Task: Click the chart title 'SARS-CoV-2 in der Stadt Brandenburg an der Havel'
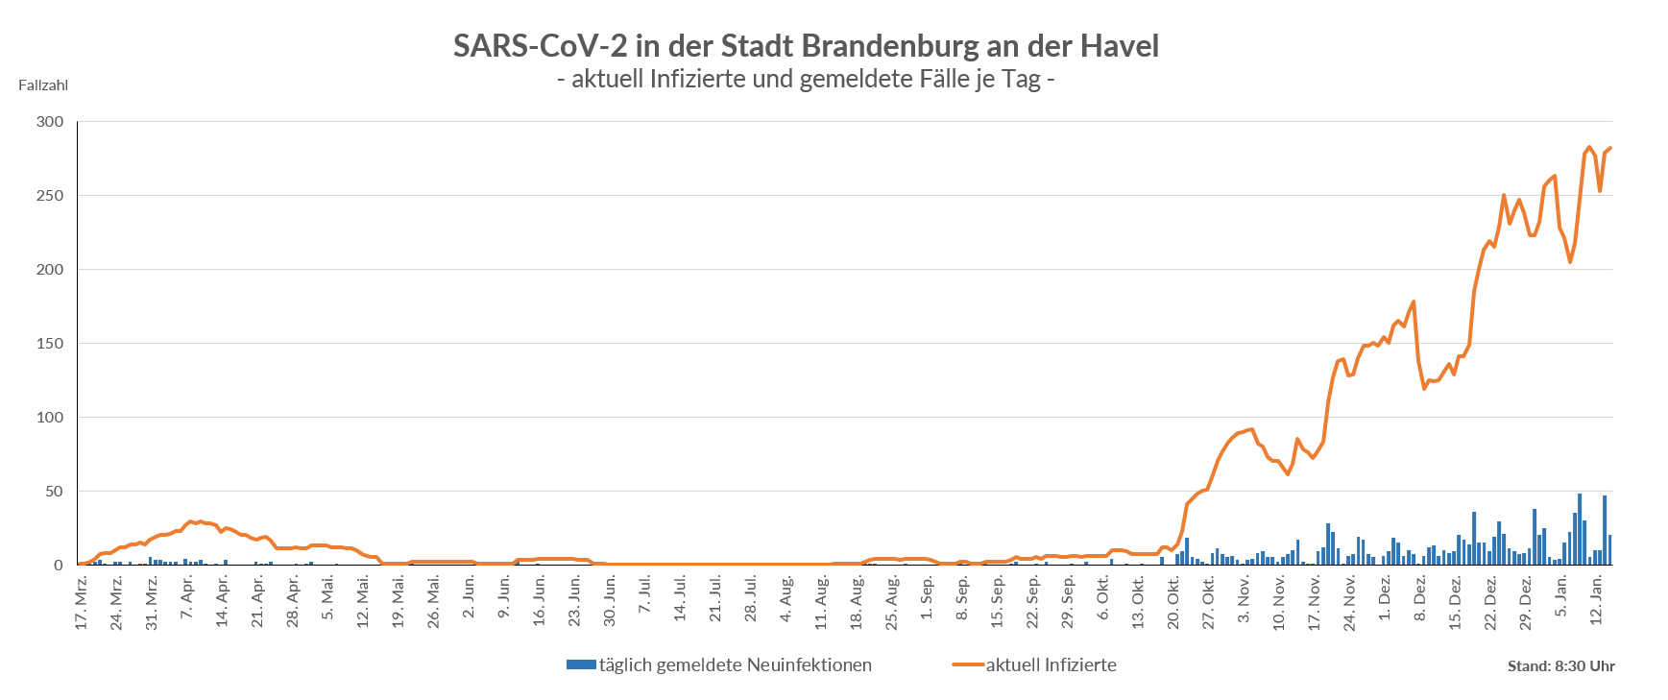(806, 45)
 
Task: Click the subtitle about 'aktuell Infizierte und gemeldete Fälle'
(806, 79)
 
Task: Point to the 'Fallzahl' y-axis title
(43, 85)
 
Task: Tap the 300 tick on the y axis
(50, 122)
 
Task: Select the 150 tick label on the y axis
(50, 344)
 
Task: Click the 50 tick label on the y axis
(54, 492)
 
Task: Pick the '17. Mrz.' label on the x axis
(83, 603)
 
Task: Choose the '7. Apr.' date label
(188, 600)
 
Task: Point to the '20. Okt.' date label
(1173, 603)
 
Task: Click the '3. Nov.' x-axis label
(1245, 600)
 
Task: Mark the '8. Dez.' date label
(1420, 600)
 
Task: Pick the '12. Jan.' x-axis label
(1597, 601)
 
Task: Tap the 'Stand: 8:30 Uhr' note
(1560, 666)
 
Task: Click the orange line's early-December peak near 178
(1414, 302)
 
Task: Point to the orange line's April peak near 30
(190, 521)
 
